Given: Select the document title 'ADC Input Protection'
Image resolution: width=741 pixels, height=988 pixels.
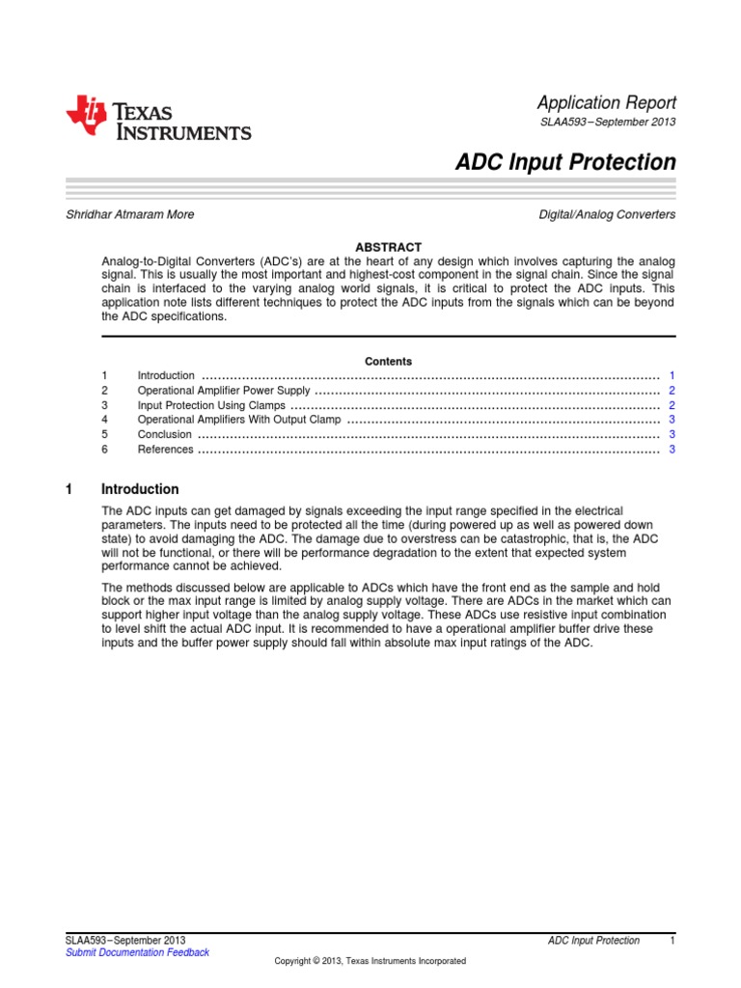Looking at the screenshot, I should pos(565,162).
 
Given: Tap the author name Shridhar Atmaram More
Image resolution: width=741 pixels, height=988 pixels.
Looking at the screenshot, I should pos(129,214).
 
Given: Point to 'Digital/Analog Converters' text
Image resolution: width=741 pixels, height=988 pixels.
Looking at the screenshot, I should pos(607,214).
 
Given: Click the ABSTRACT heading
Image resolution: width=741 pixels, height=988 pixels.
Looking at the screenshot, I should pos(388,248).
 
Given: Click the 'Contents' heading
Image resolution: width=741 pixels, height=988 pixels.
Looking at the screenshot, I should pos(388,361).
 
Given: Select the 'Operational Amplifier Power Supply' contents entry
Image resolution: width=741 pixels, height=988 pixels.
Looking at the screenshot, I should pos(224,391).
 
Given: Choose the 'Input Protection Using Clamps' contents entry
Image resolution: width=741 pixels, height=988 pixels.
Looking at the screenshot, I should pos(211,405).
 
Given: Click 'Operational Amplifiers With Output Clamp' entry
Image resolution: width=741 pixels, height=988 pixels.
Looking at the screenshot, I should pos(239,420).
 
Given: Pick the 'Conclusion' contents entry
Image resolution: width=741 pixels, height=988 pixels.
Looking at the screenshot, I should pos(165,434).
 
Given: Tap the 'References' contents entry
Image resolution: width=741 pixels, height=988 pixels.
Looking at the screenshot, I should pos(166,449).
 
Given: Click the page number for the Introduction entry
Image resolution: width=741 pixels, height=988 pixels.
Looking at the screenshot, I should pos(672,375).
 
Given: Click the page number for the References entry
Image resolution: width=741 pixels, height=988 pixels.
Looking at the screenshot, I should pos(672,449).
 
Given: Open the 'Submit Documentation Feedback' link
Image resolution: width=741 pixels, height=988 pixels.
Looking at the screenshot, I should pos(137,952).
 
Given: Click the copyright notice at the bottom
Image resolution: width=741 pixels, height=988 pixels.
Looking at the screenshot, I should pos(370,961).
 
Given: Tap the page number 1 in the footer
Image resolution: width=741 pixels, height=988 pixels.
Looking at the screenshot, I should pos(672,940).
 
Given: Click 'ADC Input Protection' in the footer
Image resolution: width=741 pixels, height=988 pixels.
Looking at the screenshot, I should pos(592,940).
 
